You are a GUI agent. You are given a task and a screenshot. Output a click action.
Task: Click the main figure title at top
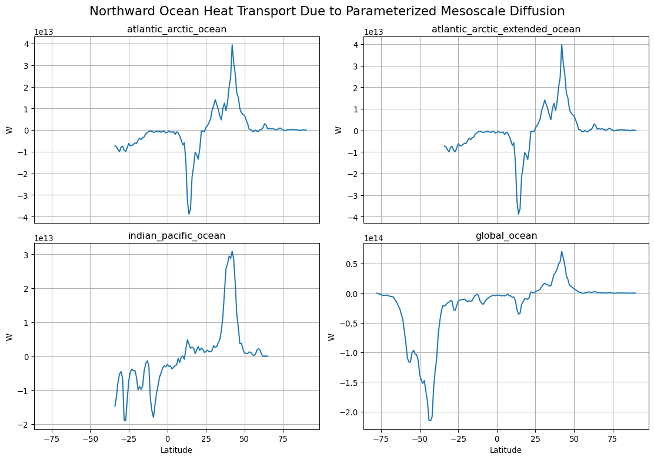(327, 11)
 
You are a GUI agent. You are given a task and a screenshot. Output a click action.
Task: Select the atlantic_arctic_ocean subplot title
(177, 29)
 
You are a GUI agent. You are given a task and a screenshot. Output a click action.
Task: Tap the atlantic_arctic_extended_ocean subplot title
(506, 29)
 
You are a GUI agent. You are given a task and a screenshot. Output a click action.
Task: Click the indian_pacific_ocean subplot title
(177, 236)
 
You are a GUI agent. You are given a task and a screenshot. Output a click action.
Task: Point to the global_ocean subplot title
(506, 236)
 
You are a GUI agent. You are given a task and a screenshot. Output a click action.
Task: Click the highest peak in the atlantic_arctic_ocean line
(232, 45)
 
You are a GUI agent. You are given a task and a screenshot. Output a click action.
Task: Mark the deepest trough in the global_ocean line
(429, 421)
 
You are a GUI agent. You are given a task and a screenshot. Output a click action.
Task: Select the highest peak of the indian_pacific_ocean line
(232, 251)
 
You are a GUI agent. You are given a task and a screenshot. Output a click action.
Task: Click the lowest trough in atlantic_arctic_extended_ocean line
(519, 214)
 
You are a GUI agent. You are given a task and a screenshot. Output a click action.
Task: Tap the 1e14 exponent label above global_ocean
(375, 239)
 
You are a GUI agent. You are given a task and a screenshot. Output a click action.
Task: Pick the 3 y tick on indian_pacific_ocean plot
(28, 254)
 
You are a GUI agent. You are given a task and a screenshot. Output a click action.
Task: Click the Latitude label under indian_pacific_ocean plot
(176, 450)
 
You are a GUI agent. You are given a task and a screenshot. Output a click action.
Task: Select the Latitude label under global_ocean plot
(506, 450)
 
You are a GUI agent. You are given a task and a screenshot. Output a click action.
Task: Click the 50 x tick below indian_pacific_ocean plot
(245, 439)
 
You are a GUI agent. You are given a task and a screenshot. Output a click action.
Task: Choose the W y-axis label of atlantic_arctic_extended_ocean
(338, 130)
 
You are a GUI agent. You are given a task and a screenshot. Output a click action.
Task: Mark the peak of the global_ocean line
(562, 251)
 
